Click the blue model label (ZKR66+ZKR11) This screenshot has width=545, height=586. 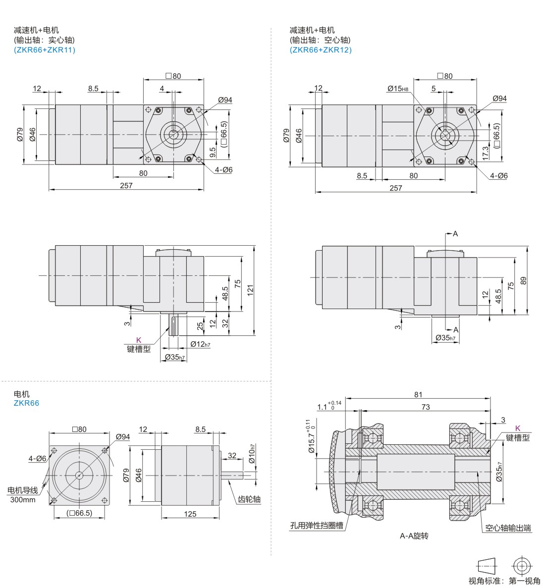pos(45,50)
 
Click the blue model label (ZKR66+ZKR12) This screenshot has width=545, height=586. pos(321,50)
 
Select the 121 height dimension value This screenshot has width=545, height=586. pos(250,290)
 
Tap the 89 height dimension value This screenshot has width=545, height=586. pos(523,281)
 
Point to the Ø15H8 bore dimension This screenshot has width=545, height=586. pos(398,89)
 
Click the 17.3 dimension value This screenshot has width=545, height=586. pos(485,153)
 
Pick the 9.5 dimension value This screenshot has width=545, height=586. pos(213,152)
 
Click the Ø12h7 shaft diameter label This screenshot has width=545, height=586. pos(200,344)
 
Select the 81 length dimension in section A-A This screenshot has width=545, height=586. pos(418,394)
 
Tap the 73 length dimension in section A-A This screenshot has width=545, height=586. pos(426,407)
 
